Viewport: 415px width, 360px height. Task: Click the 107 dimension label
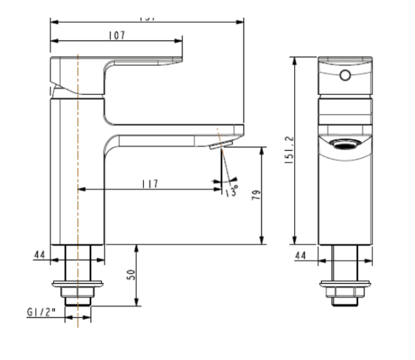pos(116,36)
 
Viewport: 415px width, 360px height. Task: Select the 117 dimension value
pos(149,184)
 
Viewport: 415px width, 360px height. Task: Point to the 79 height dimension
pos(255,195)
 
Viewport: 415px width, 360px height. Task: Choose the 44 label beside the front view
pos(39,255)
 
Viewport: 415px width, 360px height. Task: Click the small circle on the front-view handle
pos(345,75)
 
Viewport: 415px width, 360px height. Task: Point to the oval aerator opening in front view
pos(345,144)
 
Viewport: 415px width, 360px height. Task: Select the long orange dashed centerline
pos(78,179)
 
